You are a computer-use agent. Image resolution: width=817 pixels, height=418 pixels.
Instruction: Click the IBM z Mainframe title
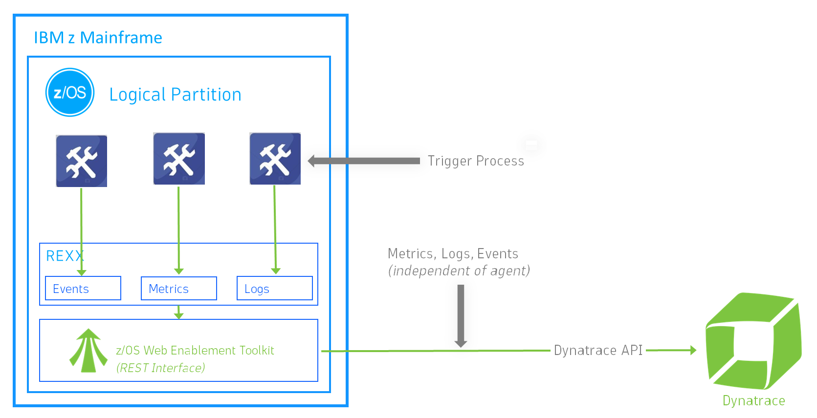pos(98,38)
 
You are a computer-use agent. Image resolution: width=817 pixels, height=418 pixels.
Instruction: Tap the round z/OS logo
pos(70,92)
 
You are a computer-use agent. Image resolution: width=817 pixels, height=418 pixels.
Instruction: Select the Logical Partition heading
pos(175,94)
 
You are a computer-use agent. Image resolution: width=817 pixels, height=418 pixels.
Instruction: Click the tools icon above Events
pos(82,161)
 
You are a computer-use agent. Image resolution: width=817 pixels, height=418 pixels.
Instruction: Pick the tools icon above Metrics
pos(179,159)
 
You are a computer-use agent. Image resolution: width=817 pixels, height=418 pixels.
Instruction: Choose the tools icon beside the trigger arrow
pos(275,159)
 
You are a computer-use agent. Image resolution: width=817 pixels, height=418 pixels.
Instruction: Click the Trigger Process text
pos(475,161)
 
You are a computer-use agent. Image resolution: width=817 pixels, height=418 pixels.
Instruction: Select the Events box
pos(83,289)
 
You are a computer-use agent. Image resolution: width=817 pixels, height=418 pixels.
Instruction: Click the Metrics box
pos(178,289)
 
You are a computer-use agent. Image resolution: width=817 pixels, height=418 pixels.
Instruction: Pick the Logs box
pos(274,289)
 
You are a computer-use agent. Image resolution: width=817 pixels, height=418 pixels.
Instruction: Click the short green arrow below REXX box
pos(179,313)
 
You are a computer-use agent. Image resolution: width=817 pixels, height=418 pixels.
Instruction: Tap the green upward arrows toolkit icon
pos(88,351)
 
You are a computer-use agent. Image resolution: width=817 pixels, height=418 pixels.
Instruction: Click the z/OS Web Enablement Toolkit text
pos(195,350)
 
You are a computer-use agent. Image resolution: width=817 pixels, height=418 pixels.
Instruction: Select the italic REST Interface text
pos(160,368)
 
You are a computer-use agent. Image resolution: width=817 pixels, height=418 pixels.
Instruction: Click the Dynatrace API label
pos(598,350)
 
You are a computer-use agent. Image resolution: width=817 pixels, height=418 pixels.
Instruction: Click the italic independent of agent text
pos(459,271)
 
